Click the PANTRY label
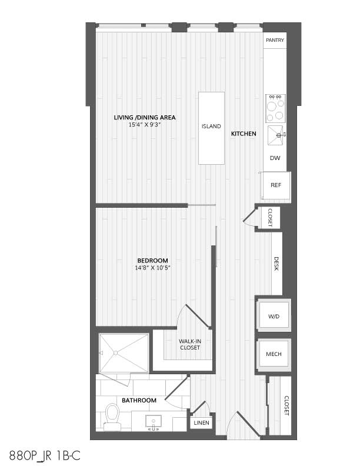(275, 40)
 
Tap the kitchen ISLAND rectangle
(211, 128)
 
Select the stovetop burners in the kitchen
(275, 108)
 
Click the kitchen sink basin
(275, 135)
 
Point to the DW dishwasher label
(275, 158)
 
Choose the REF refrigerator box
(275, 185)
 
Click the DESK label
(276, 264)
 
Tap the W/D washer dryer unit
(274, 316)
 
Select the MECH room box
(274, 354)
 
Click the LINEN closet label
(201, 422)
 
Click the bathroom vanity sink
(154, 421)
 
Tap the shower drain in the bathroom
(116, 353)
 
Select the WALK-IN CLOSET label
(190, 344)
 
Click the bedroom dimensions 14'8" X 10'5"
(152, 268)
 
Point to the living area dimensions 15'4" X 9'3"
(145, 125)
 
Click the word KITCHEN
(244, 134)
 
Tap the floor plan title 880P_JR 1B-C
(45, 455)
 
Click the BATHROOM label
(139, 401)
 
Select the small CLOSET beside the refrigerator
(268, 218)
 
